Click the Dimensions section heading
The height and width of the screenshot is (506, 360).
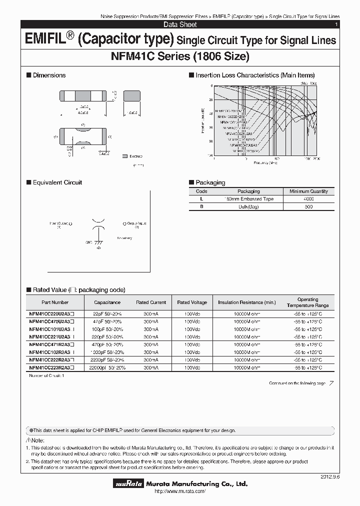(49, 75)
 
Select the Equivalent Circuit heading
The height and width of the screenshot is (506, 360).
(57, 182)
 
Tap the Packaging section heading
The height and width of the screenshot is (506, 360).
(210, 182)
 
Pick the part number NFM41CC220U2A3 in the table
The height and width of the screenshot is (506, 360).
(51, 313)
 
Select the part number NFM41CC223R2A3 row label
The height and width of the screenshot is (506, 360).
(51, 367)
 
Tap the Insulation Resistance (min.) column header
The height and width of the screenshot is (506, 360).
(246, 302)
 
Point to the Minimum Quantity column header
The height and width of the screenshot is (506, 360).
(308, 191)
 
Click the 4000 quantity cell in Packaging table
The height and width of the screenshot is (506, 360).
(308, 199)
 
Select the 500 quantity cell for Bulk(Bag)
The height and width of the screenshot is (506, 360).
(308, 207)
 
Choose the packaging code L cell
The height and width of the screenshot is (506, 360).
(201, 199)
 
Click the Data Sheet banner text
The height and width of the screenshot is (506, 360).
(180, 24)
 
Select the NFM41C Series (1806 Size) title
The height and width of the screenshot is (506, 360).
(179, 56)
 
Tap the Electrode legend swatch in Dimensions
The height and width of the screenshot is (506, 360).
(124, 156)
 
